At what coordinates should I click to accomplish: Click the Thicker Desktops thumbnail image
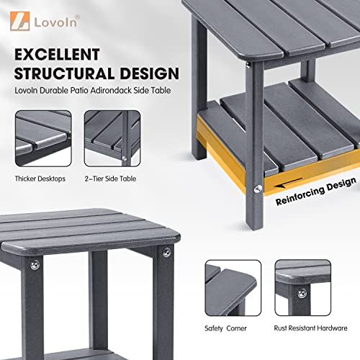pos(42,138)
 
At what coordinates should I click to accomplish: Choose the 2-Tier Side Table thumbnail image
pos(112,138)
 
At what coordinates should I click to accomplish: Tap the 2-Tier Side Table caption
pos(112,178)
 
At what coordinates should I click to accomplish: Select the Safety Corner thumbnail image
pos(233,289)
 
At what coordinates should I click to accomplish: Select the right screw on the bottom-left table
pos(166,252)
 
